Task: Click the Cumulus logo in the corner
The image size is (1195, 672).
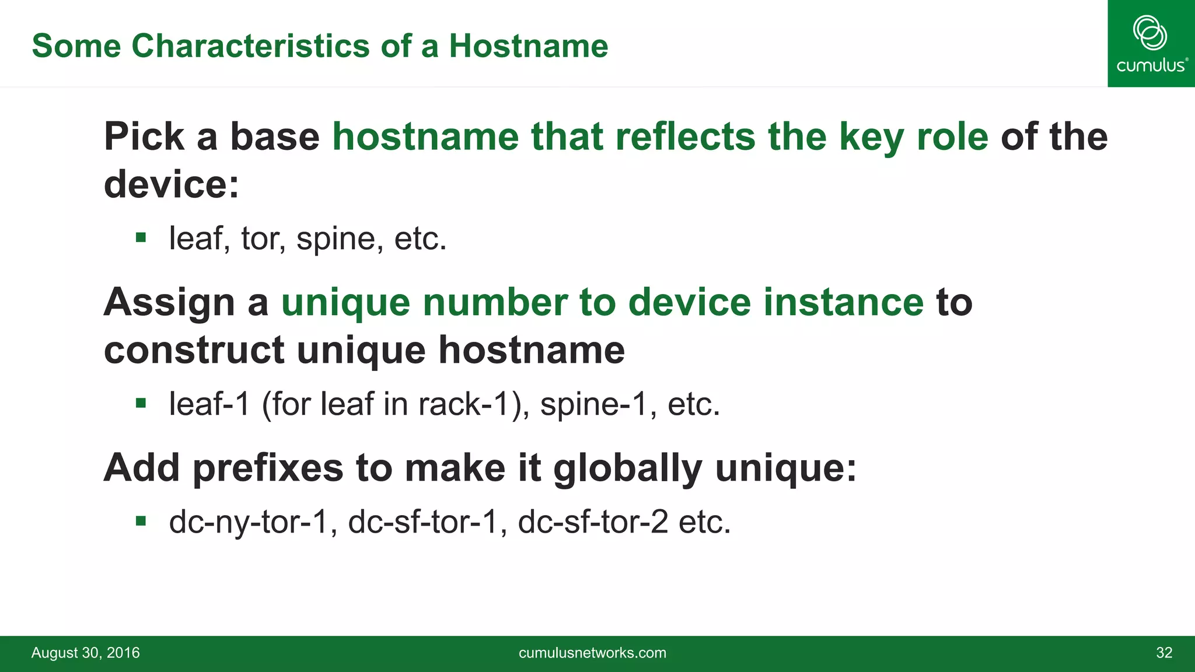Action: pyautogui.click(x=1151, y=44)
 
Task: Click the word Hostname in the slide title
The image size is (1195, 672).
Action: pyautogui.click(x=528, y=45)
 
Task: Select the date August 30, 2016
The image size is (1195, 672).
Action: pyautogui.click(x=86, y=653)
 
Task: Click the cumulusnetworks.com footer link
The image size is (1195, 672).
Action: pyautogui.click(x=592, y=653)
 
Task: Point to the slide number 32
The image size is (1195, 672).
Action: pyautogui.click(x=1163, y=653)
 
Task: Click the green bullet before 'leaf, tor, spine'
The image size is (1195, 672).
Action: pyautogui.click(x=141, y=237)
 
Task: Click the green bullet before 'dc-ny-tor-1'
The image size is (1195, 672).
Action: pyautogui.click(x=141, y=520)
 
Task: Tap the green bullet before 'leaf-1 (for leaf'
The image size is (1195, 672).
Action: pyautogui.click(x=141, y=402)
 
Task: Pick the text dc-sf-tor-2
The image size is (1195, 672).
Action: pyautogui.click(x=592, y=521)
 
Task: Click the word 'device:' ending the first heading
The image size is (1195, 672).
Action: pyautogui.click(x=172, y=184)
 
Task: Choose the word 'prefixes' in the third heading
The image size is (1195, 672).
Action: pyautogui.click(x=268, y=468)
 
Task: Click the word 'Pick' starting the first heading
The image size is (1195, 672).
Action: pyautogui.click(x=144, y=136)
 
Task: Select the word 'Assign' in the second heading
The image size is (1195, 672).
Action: pyautogui.click(x=169, y=302)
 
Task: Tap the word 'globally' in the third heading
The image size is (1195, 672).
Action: pyautogui.click(x=627, y=468)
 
